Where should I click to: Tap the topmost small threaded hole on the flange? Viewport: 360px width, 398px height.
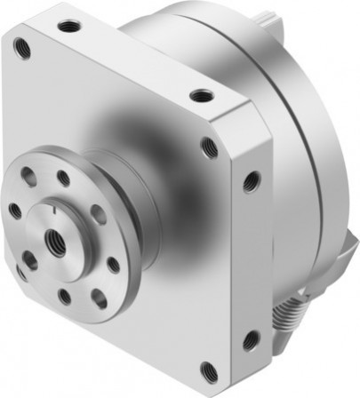coord(63,178)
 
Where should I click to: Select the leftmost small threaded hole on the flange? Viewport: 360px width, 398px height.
coord(15,211)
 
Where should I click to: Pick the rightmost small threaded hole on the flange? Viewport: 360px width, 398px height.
coord(114,264)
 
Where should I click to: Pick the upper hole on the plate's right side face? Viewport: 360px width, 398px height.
coord(252,181)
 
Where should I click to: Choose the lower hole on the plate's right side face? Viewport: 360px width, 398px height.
coord(252,338)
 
